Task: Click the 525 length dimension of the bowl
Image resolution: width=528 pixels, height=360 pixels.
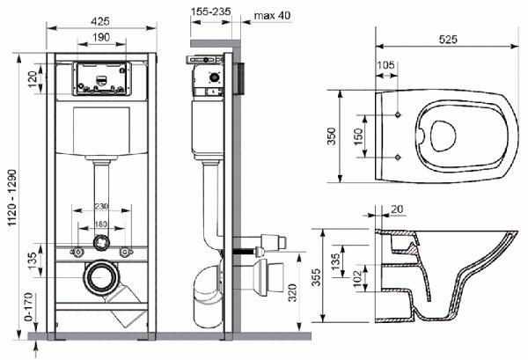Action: click(450, 39)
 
